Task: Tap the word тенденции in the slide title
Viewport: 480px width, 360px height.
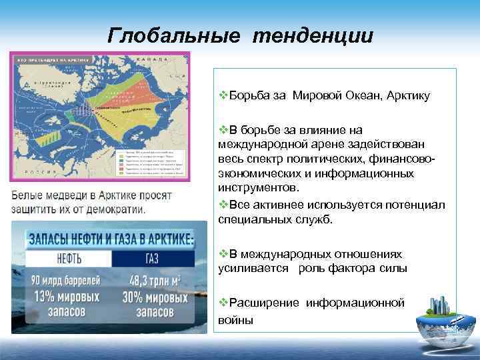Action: (x=313, y=35)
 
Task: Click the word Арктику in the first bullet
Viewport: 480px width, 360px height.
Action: (x=407, y=96)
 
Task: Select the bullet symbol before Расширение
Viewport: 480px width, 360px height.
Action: (x=223, y=303)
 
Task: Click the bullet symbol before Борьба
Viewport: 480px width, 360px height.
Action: (x=223, y=96)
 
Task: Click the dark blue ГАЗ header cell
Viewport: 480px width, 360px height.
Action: (x=153, y=258)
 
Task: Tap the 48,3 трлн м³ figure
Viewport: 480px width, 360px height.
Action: (x=155, y=280)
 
